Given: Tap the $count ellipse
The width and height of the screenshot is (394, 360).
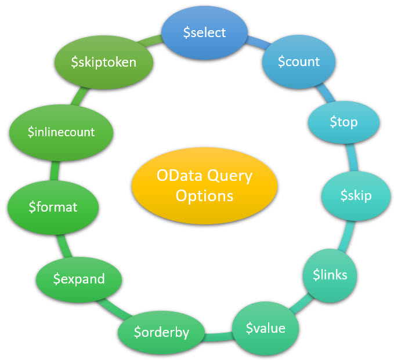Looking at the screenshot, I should [299, 61].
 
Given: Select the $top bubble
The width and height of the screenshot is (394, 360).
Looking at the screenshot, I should [344, 122].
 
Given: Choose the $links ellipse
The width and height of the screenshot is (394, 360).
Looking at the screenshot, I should [330, 274].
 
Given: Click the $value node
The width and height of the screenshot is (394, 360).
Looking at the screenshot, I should [265, 328].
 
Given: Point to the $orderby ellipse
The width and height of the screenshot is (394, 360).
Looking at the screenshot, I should [161, 333].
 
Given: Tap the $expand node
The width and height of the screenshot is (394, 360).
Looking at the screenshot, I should [79, 279].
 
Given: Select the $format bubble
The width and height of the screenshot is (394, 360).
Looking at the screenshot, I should [53, 206].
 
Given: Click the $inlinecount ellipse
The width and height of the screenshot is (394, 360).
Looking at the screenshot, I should [61, 132].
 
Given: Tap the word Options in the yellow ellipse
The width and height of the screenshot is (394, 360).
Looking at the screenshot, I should [204, 196].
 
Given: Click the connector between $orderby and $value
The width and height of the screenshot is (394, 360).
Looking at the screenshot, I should [218, 334].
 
